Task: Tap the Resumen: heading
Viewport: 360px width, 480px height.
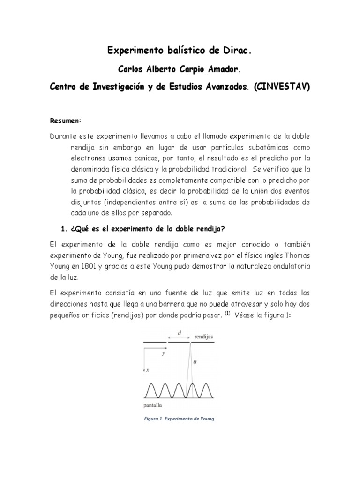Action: (x=66, y=120)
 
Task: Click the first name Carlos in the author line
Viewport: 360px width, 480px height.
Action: (x=129, y=69)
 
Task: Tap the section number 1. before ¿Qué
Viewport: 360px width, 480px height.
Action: (x=66, y=228)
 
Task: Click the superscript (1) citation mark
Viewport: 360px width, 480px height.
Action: (x=228, y=315)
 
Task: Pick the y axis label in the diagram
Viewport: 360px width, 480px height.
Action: (x=163, y=354)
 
